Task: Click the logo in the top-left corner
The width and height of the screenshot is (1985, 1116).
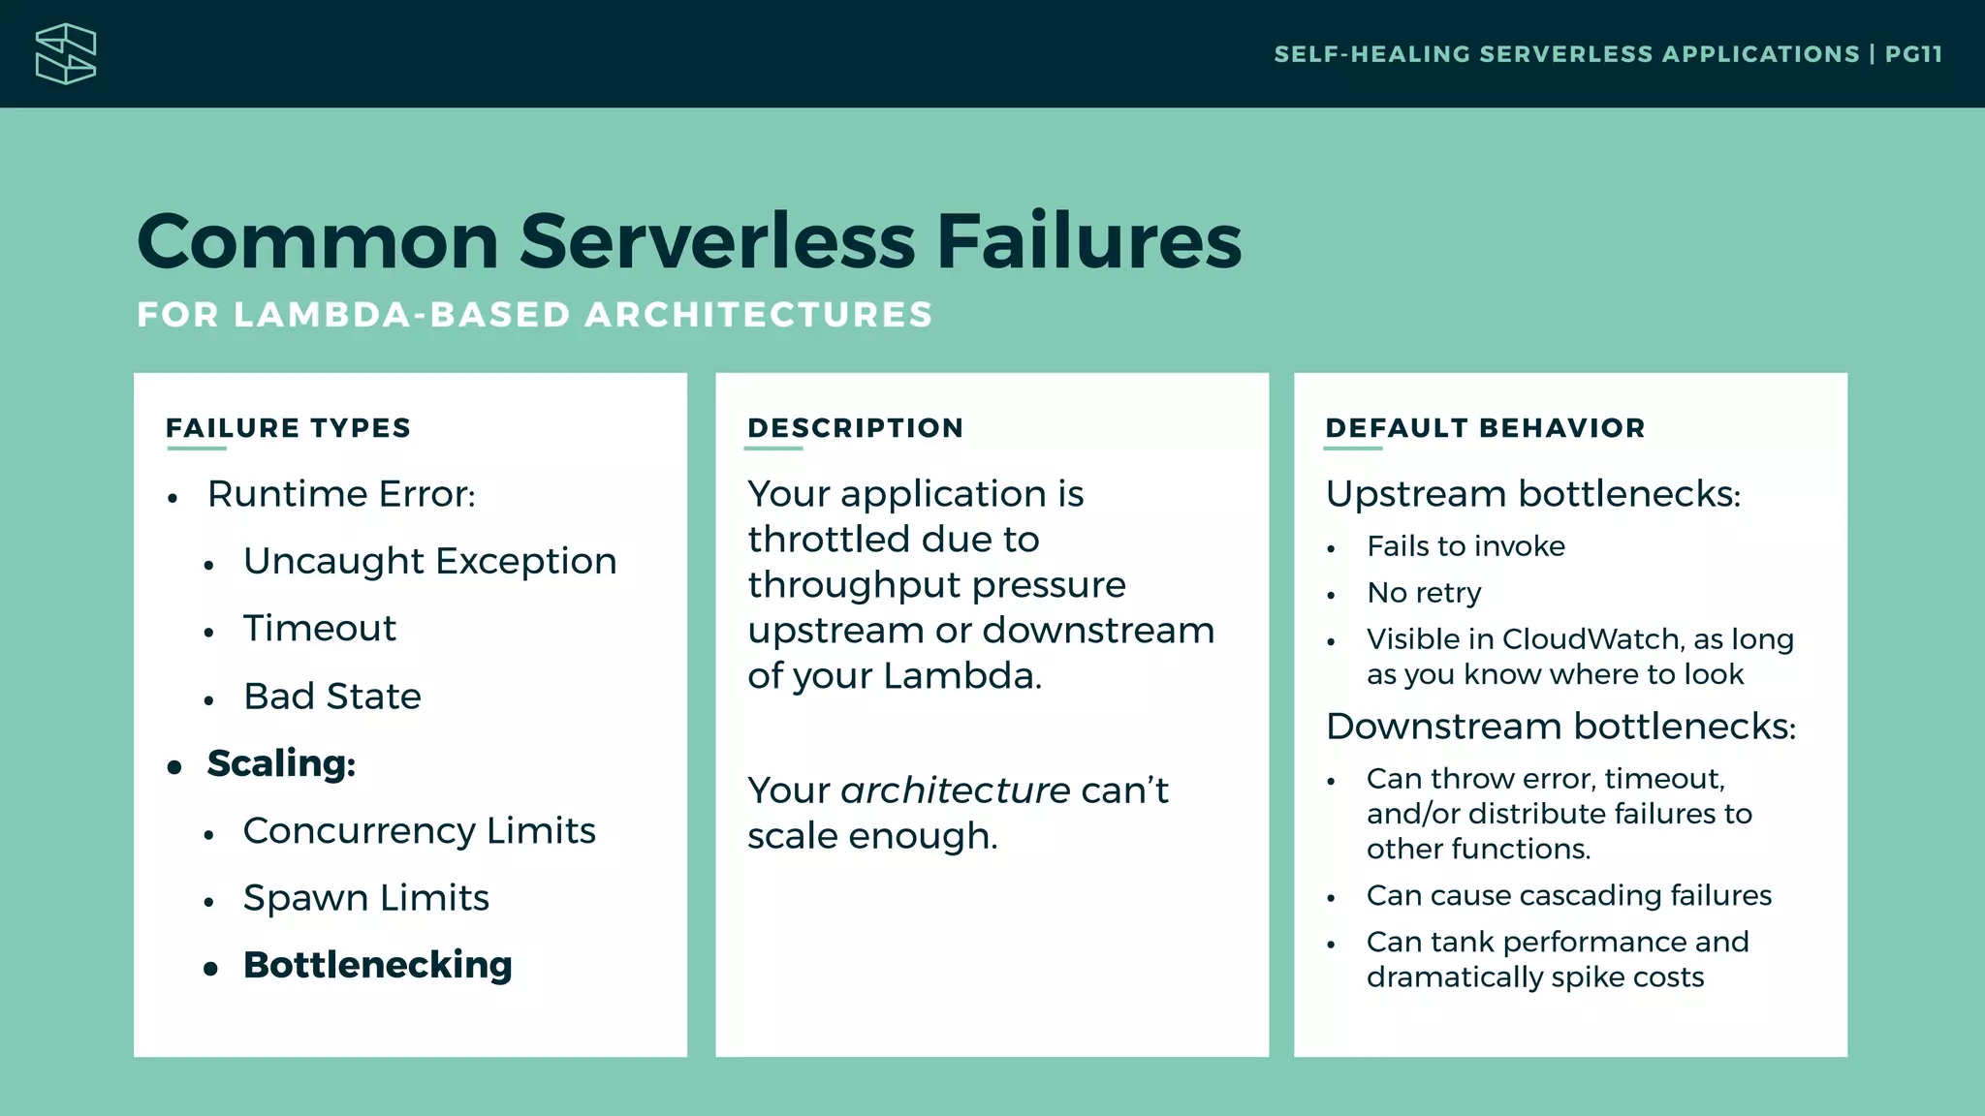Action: pos(66,54)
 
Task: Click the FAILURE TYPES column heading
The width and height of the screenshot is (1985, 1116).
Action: pos(288,428)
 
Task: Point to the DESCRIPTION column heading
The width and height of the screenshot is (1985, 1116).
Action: pos(855,428)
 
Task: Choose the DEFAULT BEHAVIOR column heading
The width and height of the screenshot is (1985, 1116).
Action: pos(1485,428)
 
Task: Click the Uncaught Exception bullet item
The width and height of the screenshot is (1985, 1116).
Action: pos(429,562)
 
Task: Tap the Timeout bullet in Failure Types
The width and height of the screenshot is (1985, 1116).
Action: pos(319,629)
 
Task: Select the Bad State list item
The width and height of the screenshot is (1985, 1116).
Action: pos(331,697)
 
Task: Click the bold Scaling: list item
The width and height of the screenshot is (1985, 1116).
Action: pos(281,763)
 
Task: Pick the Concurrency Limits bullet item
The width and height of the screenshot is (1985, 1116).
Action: pos(419,831)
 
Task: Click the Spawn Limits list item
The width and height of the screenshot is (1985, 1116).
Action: pos(365,898)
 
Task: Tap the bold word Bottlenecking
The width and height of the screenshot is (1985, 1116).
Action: pos(377,965)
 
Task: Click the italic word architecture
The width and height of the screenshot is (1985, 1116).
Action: pos(955,790)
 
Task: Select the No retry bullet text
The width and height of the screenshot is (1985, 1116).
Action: pos(1423,593)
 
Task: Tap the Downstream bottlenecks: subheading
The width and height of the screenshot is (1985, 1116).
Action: pos(1560,727)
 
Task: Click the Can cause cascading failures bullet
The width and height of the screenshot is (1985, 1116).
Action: pos(1568,895)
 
